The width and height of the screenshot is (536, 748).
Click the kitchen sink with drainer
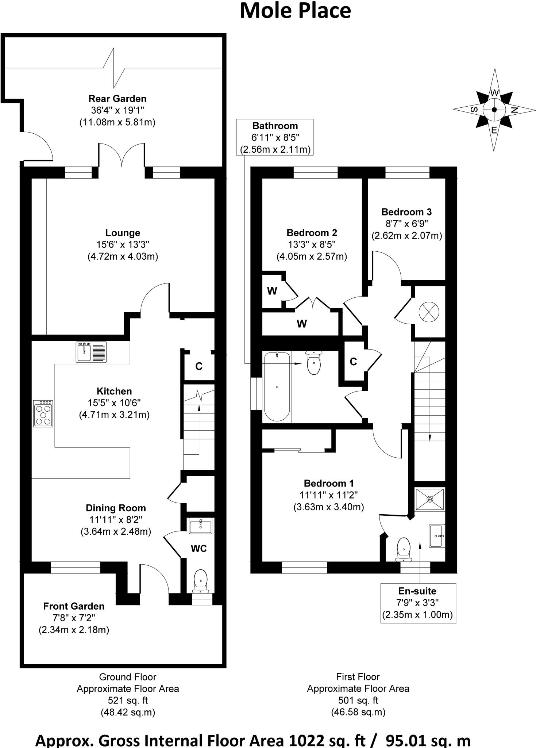(x=91, y=352)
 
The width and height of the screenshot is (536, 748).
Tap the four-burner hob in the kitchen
(x=43, y=413)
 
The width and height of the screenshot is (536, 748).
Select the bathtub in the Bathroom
(x=277, y=386)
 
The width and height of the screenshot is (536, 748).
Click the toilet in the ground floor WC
(x=200, y=580)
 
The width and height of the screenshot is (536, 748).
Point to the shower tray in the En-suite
(x=430, y=499)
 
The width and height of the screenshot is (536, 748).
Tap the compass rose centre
(x=494, y=110)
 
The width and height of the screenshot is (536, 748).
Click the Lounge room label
(x=123, y=233)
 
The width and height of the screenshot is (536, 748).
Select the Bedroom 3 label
(x=406, y=212)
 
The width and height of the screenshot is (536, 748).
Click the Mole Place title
(x=295, y=11)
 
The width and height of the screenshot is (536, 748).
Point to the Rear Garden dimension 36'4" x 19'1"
(x=117, y=110)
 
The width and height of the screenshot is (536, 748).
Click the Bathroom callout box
(x=275, y=137)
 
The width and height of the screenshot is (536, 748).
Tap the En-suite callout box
(x=417, y=603)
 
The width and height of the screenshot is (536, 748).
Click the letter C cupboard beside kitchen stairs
(x=198, y=366)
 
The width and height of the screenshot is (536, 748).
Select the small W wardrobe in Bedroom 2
(x=272, y=291)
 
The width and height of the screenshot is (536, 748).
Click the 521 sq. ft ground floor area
(x=127, y=700)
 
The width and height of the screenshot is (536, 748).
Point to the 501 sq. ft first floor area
(x=358, y=700)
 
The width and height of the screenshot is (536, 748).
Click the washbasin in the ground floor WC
(x=200, y=526)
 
